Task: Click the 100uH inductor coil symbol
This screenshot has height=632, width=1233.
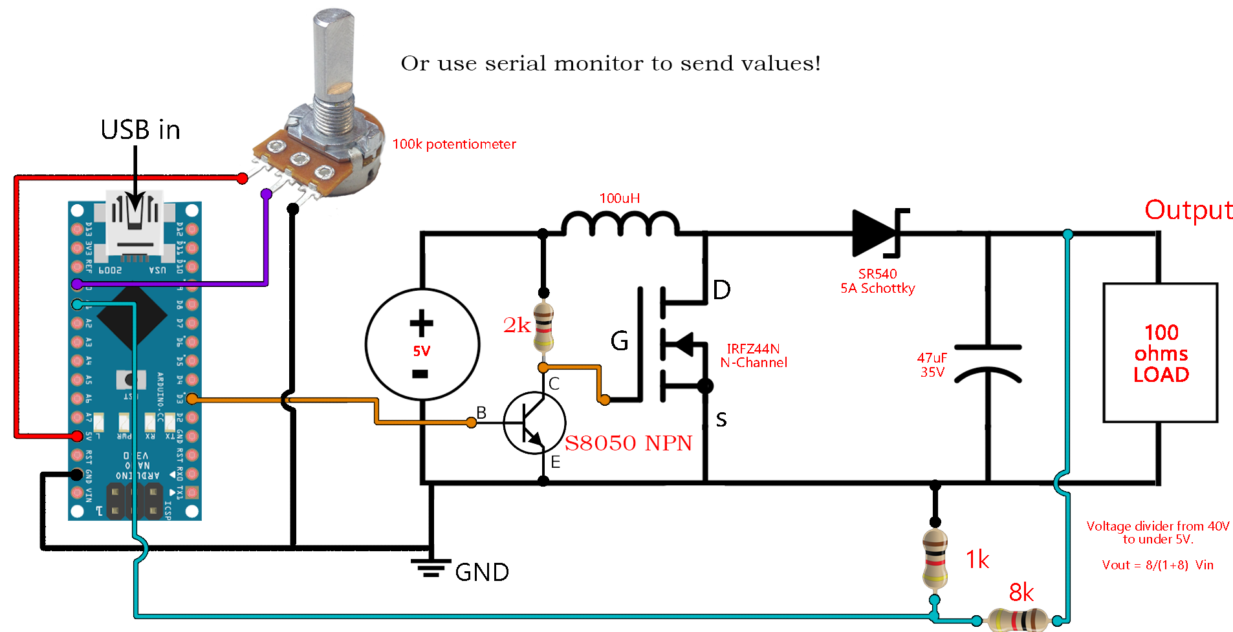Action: [620, 223]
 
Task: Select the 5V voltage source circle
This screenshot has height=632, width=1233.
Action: [422, 344]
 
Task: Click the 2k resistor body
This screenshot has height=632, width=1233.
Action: [544, 327]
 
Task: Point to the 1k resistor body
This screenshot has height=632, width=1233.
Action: [935, 559]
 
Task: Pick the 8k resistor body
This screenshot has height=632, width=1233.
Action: [1018, 620]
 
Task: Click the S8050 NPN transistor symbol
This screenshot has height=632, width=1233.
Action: [534, 423]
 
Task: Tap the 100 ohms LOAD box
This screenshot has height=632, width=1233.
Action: [1160, 353]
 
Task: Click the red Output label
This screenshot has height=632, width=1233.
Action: [1188, 210]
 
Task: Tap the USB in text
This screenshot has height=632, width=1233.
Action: [140, 130]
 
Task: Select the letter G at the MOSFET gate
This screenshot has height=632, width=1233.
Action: [619, 341]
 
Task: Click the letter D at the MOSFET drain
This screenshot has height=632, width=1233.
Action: [721, 290]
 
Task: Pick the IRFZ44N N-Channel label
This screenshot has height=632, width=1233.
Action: [754, 356]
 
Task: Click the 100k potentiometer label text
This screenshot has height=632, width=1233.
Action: [454, 144]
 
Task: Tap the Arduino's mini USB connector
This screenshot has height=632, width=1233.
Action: [135, 223]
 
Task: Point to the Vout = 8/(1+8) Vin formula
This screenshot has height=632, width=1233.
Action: [1157, 565]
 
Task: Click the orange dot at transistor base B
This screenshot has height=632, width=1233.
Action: [472, 423]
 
